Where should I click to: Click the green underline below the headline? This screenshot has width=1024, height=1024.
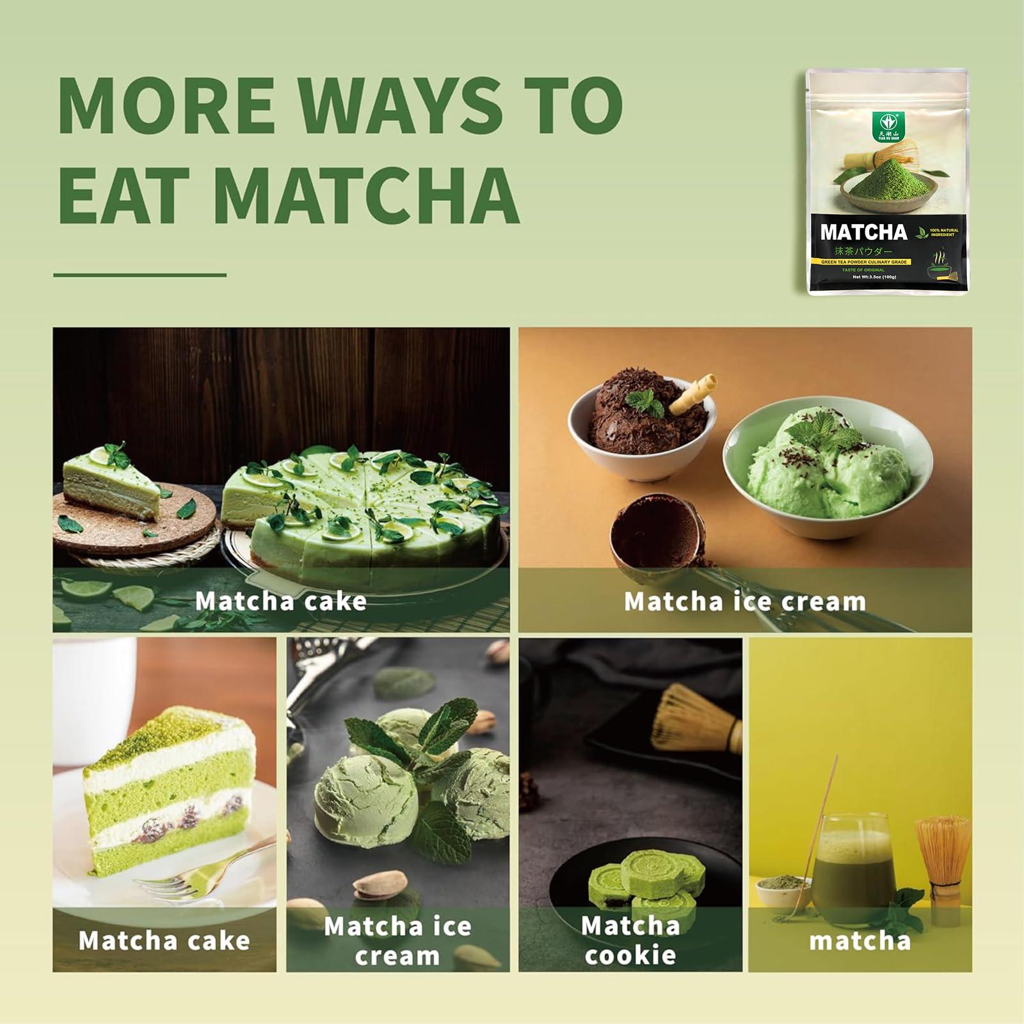coord(140,275)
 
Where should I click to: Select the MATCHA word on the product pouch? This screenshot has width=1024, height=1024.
coord(863,232)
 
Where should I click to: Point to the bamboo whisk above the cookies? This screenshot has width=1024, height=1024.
coord(698,720)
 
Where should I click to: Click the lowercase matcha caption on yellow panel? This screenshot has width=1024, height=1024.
coord(860,941)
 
